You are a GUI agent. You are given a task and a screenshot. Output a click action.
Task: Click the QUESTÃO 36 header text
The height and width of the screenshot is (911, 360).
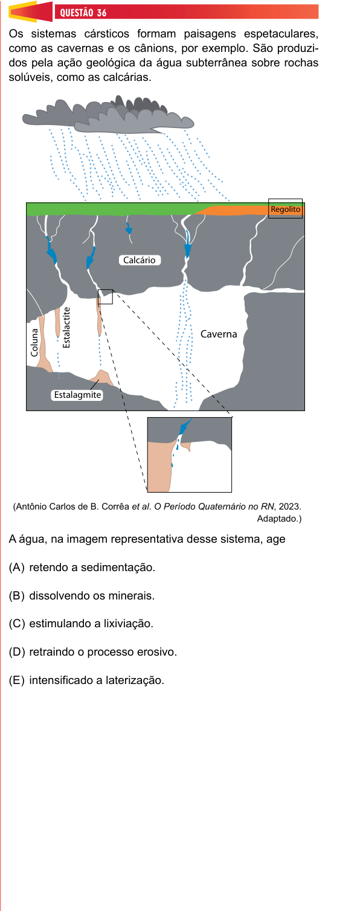83,13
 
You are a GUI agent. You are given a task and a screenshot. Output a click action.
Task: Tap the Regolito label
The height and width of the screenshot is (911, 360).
286,209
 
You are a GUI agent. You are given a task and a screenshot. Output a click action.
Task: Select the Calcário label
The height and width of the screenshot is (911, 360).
140,260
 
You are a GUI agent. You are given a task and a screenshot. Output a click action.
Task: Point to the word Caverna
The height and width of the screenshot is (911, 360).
219,334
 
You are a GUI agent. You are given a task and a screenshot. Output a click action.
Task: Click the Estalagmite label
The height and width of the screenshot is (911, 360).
77,395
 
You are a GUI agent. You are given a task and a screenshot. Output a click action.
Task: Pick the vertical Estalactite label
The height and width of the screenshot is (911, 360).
66,327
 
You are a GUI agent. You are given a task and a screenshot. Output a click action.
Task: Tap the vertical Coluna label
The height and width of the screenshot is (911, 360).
34,343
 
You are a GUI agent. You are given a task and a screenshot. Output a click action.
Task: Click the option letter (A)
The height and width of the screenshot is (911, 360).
17,567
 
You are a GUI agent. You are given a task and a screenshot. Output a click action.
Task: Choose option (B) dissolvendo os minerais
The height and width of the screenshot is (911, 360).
82,596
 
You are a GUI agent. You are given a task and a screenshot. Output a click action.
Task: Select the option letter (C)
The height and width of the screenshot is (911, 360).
17,624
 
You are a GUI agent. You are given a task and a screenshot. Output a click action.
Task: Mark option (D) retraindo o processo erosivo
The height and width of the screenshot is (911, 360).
93,652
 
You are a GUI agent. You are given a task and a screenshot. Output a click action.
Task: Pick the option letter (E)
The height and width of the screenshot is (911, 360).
17,680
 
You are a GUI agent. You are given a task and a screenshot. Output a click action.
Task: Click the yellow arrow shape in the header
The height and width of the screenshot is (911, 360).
24,11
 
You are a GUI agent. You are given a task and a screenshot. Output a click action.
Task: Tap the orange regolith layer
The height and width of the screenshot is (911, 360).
244,210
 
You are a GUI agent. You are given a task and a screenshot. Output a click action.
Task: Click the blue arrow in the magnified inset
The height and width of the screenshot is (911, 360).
185,426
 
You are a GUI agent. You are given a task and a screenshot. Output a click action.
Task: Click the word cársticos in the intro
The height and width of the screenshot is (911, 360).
106,34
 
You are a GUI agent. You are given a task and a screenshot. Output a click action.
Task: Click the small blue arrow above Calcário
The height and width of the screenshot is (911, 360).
129,228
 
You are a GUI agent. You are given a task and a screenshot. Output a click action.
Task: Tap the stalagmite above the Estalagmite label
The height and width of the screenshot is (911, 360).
101,377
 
